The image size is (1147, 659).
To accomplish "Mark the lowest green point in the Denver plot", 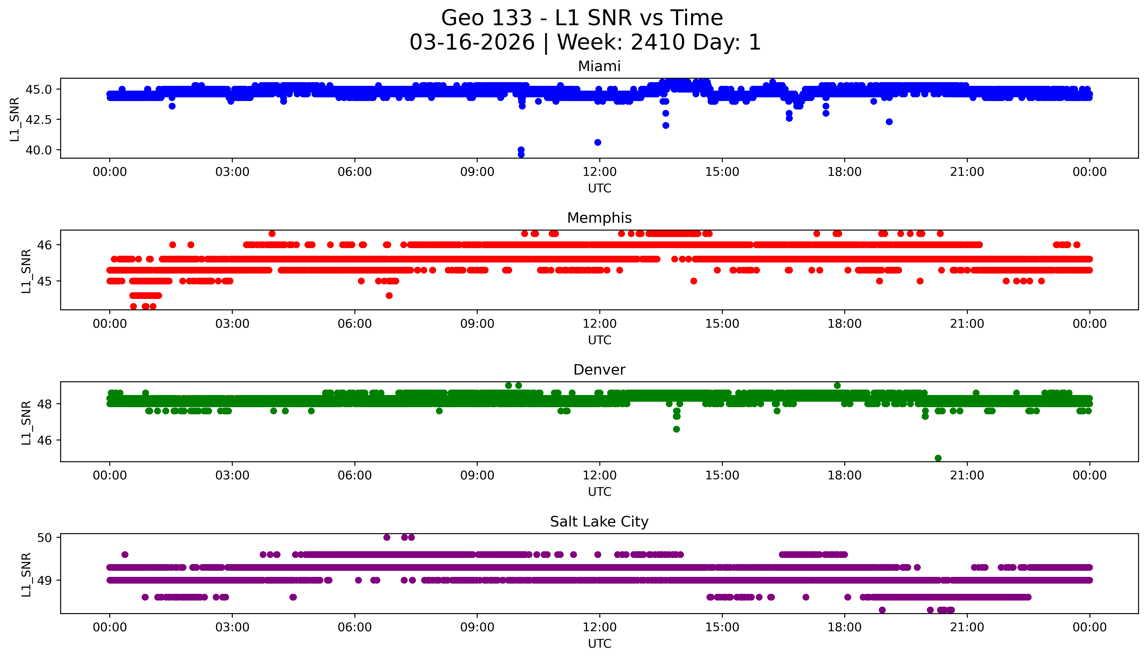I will [938, 458].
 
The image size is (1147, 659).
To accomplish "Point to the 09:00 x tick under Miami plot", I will [477, 172].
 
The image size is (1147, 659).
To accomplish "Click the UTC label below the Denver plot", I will [599, 492].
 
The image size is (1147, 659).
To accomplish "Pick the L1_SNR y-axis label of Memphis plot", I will [26, 271].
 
